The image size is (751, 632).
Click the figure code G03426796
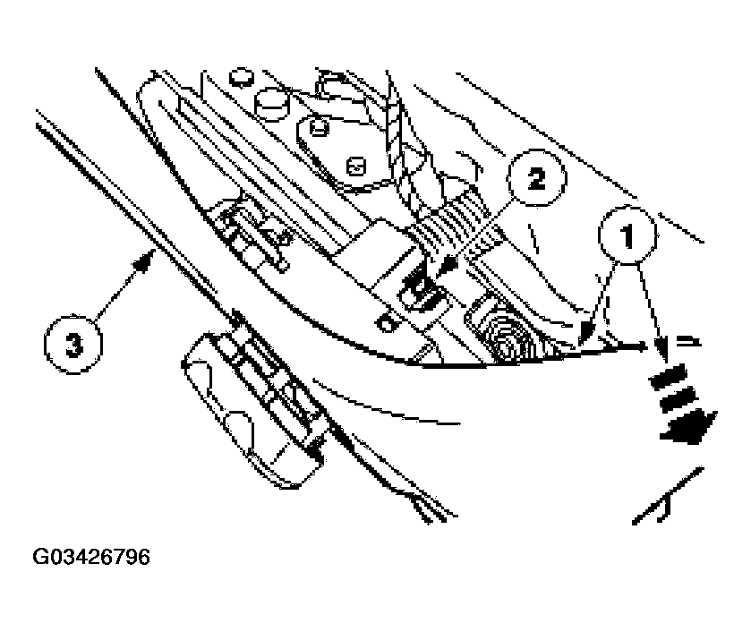coord(91,558)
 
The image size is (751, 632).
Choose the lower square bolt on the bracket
coord(357,167)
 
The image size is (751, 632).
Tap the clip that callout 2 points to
coord(421,290)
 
